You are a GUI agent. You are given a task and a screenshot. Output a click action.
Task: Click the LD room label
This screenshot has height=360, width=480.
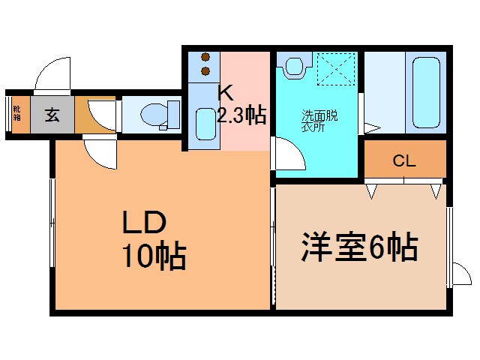point(144,223)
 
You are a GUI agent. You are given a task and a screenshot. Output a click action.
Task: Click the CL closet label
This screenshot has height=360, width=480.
point(403,160)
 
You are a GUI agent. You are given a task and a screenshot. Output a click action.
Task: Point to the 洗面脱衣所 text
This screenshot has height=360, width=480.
point(319,121)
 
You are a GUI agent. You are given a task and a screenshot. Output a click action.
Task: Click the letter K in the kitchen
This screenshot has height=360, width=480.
point(226,94)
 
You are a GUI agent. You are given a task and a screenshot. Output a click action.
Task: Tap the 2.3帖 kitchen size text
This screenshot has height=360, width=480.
point(241,115)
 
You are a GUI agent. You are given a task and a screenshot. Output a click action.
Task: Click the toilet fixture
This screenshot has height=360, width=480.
point(157,115)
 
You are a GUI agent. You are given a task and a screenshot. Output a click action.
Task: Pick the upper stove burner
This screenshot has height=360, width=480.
point(205,58)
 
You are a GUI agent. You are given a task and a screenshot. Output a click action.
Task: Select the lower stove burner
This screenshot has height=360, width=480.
point(205,72)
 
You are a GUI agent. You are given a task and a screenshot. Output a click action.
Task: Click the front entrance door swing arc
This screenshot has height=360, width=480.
point(52,76)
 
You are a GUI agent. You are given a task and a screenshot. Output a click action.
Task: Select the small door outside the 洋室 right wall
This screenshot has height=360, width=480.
point(458,274)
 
